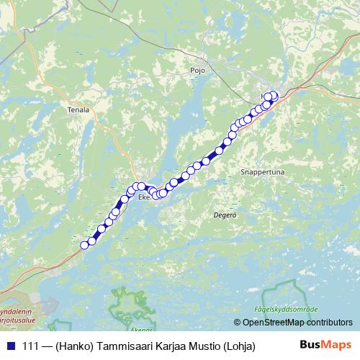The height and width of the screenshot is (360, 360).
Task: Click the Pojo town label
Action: (198, 71)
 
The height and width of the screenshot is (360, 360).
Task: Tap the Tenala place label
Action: (78, 110)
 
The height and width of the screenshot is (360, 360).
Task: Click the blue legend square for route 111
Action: (10, 346)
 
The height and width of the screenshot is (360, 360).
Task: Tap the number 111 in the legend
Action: (32, 346)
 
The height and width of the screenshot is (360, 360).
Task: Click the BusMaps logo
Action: (325, 345)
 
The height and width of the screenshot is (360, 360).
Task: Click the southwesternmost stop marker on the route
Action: (84, 245)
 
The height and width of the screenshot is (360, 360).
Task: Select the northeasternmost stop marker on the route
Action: (274, 95)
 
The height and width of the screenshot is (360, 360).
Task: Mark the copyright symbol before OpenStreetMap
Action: (238, 323)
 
